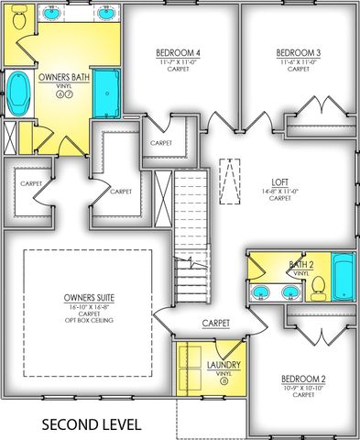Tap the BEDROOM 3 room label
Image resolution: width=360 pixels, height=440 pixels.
299,53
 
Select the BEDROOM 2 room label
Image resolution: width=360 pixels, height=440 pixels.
304,379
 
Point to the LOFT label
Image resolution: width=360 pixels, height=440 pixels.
279,181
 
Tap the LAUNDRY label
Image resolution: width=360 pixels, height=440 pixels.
224,366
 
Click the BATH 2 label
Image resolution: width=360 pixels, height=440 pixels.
301,264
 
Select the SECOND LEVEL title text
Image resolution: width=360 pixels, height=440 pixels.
92,424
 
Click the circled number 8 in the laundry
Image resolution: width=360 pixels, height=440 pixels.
224,384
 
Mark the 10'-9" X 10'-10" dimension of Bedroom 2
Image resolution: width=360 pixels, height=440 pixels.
304,388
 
